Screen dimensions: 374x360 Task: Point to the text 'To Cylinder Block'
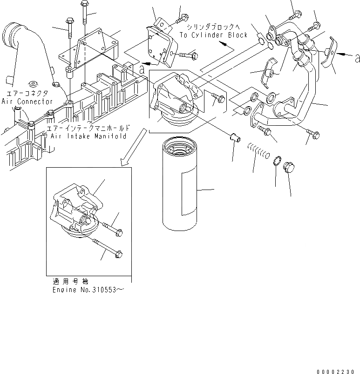(x=214, y=35)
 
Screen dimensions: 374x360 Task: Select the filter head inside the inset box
(x=77, y=210)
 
